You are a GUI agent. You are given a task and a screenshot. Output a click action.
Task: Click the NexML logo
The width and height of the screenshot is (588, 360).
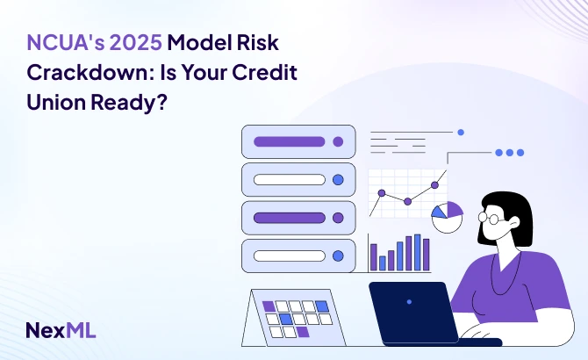(61, 330)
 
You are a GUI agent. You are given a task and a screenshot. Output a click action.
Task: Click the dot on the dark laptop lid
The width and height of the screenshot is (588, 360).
(409, 301)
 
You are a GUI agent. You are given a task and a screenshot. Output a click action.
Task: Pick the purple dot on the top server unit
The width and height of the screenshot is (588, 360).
(338, 141)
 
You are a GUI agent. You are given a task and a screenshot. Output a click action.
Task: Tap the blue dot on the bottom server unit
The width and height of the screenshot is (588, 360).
(338, 256)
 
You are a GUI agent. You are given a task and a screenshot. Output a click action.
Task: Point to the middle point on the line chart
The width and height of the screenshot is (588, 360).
(407, 201)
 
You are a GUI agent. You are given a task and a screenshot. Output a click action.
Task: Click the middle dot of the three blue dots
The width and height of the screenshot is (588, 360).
(510, 152)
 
